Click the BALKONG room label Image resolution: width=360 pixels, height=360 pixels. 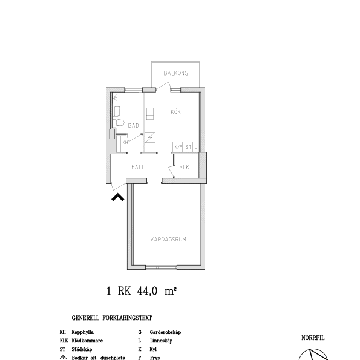click(x=175, y=73)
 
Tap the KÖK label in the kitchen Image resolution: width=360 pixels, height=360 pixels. click(x=175, y=112)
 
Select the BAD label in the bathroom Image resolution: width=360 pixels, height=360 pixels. click(x=133, y=125)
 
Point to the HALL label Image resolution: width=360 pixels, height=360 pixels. click(x=138, y=167)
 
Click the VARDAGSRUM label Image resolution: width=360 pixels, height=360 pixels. click(x=168, y=240)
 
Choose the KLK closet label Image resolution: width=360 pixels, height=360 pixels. click(x=185, y=168)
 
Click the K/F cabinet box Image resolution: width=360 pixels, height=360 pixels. click(x=178, y=147)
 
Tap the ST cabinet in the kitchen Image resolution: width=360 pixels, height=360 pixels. click(x=188, y=147)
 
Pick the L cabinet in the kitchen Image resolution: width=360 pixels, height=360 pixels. click(x=196, y=147)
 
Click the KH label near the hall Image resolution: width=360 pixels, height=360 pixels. click(x=125, y=142)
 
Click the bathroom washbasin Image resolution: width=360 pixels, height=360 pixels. click(x=117, y=110)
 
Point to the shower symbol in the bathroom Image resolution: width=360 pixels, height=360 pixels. click(x=115, y=96)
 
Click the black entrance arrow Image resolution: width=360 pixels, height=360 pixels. click(x=117, y=196)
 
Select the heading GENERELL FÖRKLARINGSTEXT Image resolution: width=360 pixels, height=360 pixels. click(x=111, y=318)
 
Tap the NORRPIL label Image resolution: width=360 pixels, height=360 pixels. click(x=313, y=338)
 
